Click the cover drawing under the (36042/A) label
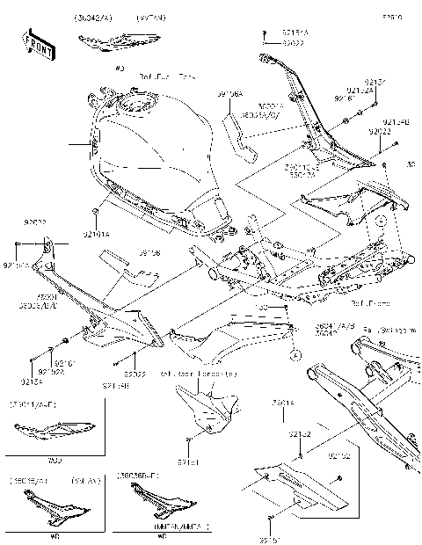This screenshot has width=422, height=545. pyautogui.click(x=105, y=42)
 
